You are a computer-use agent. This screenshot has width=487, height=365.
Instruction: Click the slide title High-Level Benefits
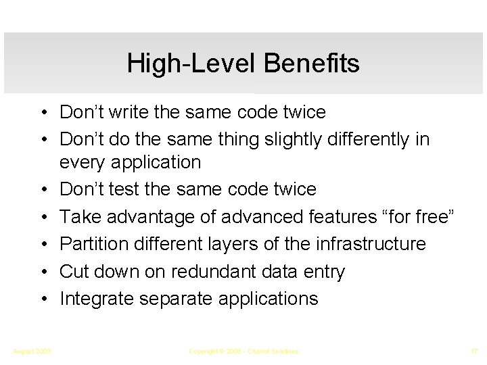[243, 64]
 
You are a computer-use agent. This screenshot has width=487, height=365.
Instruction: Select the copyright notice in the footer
[243, 351]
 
